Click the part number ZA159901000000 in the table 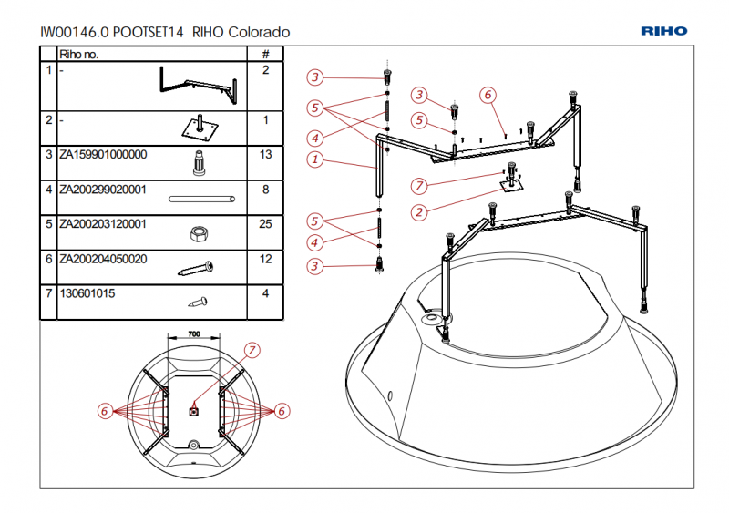click(102, 155)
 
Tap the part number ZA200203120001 click(102, 224)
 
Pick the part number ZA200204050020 click(102, 259)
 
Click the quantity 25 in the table click(265, 224)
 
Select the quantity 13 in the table click(265, 155)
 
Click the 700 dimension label click(193, 334)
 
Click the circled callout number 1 click(315, 159)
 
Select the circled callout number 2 click(419, 212)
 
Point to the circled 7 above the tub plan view click(252, 350)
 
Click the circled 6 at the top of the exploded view click(488, 95)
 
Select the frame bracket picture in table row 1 click(197, 84)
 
